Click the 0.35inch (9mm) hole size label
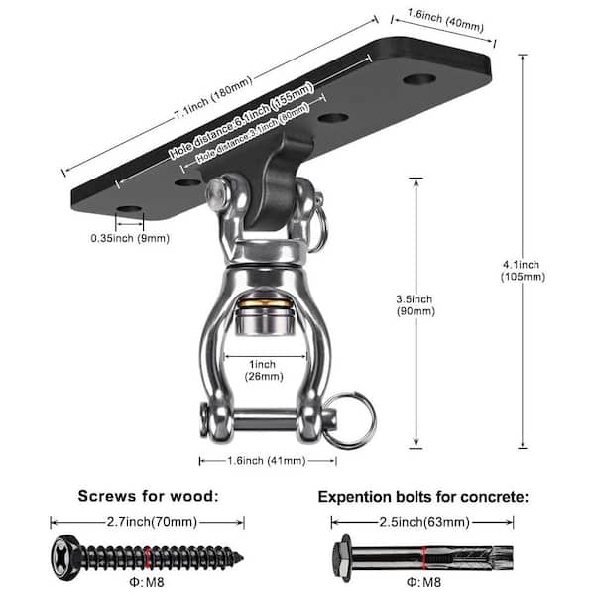130,239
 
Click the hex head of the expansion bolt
344,551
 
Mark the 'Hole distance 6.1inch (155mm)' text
243,122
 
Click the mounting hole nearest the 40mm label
419,77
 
